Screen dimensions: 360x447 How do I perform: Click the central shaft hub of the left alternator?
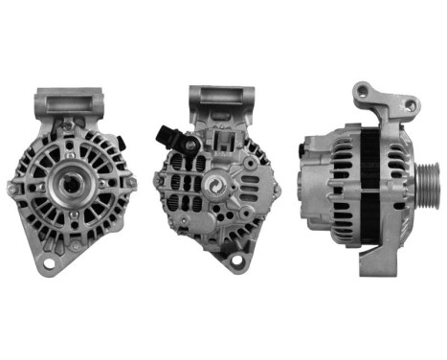(71, 182)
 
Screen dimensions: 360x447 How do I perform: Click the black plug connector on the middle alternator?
(166, 137)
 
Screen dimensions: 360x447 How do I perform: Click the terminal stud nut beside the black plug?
(190, 145)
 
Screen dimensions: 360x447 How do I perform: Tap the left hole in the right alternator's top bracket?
(363, 92)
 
